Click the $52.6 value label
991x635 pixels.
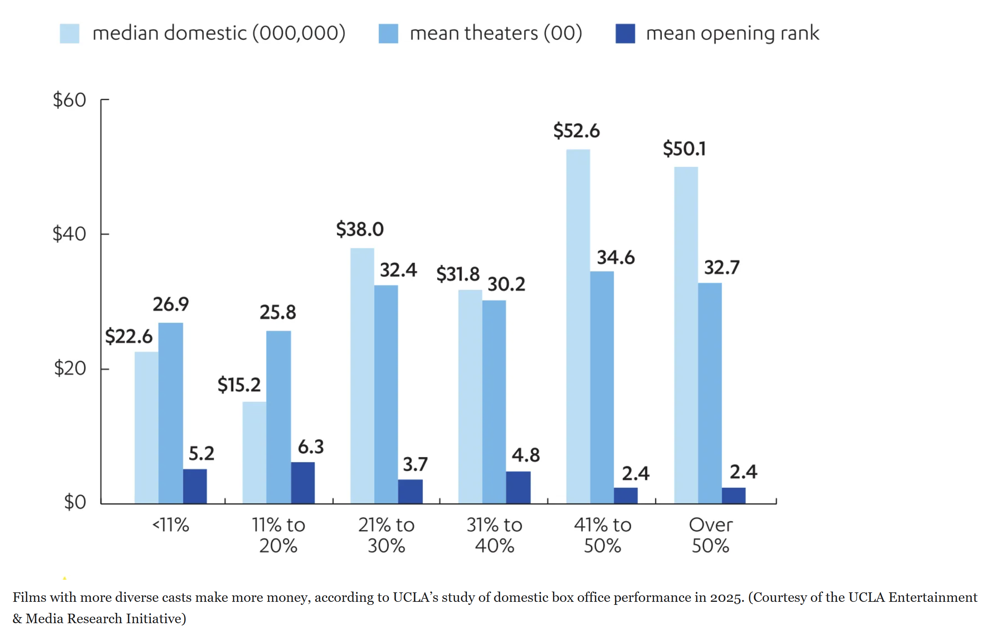click(x=576, y=131)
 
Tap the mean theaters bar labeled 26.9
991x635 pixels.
click(x=170, y=413)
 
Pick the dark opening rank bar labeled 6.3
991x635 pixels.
click(x=303, y=483)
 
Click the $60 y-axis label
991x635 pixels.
click(x=69, y=100)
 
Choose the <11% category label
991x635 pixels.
click(x=170, y=525)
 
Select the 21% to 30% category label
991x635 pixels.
click(x=386, y=535)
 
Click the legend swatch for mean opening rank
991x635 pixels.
click(x=625, y=34)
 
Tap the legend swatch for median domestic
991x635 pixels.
click(x=69, y=34)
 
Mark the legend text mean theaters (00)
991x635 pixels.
click(x=496, y=33)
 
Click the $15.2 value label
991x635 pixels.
click(x=239, y=385)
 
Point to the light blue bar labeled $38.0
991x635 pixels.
click(x=362, y=375)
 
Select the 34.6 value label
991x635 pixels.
click(x=616, y=258)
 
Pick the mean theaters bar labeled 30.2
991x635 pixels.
click(x=494, y=402)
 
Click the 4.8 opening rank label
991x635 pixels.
click(x=526, y=455)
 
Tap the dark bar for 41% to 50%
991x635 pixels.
click(x=625, y=495)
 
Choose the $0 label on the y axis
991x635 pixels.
click(x=75, y=502)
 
